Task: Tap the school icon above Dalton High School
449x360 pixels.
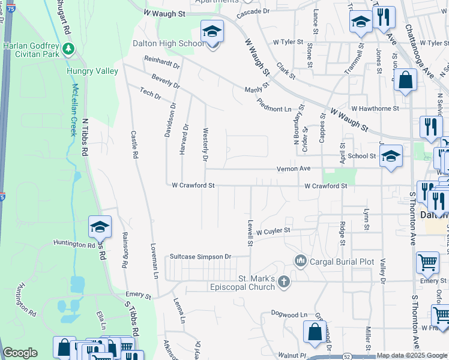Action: click(x=212, y=31)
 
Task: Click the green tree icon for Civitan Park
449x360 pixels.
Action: click(x=70, y=48)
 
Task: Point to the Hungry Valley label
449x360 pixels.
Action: click(x=92, y=71)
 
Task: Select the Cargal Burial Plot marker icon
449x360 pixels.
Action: click(x=300, y=261)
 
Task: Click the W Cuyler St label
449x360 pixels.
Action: click(x=273, y=231)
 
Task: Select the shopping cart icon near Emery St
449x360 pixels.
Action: click(x=427, y=262)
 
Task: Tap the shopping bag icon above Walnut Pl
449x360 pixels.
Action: click(x=315, y=331)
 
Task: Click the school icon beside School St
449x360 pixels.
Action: click(x=391, y=156)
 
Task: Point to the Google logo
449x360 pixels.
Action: click(x=20, y=353)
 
